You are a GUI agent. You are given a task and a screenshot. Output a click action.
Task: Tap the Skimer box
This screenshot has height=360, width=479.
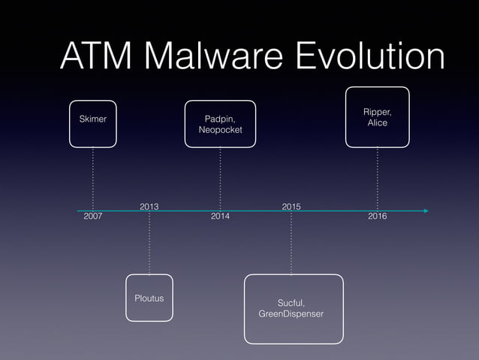[93, 119]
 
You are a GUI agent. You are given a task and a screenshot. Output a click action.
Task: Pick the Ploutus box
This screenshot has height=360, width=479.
[149, 298]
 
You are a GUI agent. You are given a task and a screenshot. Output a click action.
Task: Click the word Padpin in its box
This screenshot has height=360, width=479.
[220, 119]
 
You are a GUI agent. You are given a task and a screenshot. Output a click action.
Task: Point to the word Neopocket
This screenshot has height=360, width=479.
[220, 132]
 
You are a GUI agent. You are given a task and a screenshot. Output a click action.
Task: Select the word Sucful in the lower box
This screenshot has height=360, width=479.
[291, 301]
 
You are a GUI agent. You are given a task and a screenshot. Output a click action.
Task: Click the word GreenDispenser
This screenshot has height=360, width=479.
[291, 313]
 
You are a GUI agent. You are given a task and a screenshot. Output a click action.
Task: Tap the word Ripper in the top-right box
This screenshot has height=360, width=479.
[377, 111]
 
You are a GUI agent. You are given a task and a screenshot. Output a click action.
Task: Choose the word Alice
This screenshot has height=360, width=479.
[377, 123]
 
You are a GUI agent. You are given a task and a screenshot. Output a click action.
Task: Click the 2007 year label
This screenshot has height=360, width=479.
[92, 216]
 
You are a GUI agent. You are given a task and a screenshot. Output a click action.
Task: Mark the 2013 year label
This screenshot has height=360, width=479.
[149, 205]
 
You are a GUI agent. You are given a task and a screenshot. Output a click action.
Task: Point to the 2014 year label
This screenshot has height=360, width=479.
[220, 216]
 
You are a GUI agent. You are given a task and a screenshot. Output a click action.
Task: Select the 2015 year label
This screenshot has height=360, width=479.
[291, 205]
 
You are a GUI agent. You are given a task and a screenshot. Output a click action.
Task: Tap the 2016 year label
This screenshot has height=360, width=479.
[377, 216]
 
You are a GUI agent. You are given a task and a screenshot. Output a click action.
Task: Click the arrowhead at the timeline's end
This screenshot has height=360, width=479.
[425, 211]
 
